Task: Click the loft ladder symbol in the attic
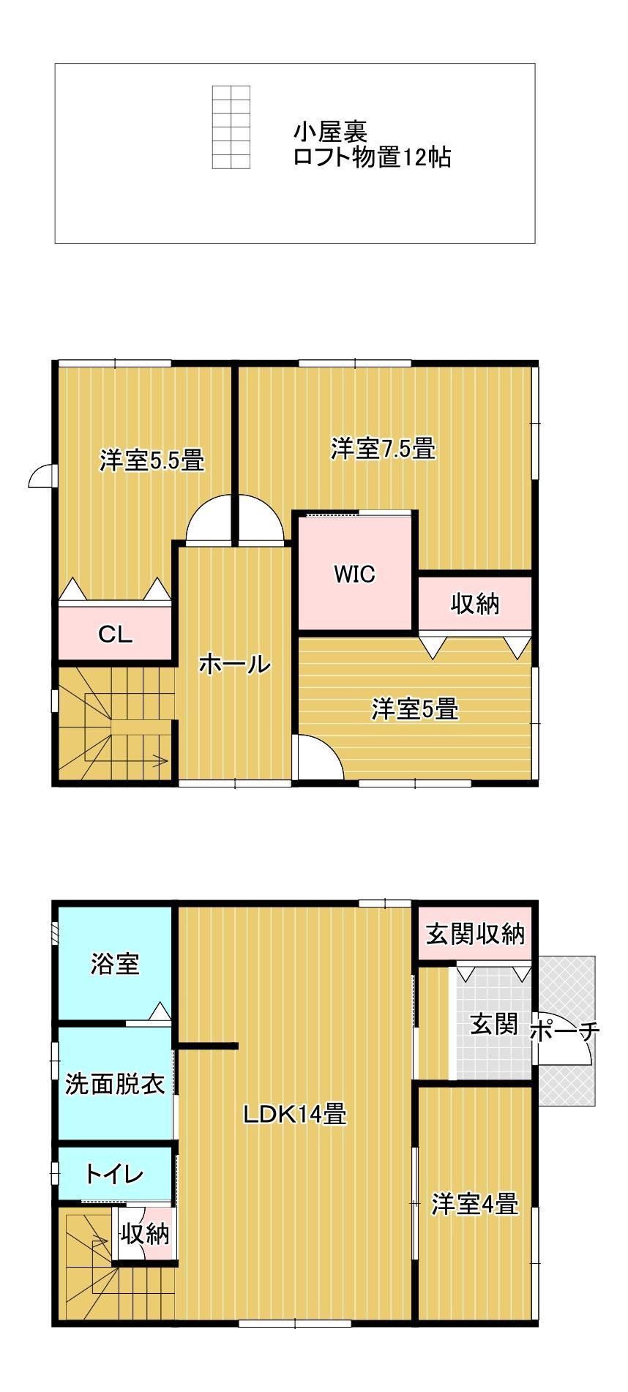pyautogui.click(x=231, y=127)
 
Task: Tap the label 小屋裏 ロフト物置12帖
pyautogui.click(x=372, y=145)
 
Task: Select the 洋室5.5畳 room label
pyautogui.click(x=152, y=460)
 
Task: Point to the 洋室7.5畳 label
pyautogui.click(x=383, y=448)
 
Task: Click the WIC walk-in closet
pyautogui.click(x=355, y=574)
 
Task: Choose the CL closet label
pyautogui.click(x=116, y=635)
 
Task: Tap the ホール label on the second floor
pyautogui.click(x=234, y=665)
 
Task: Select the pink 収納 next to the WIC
pyautogui.click(x=474, y=605)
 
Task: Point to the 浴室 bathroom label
pyautogui.click(x=115, y=963)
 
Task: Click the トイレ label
pyautogui.click(x=114, y=1175)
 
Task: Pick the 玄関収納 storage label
pyautogui.click(x=476, y=934)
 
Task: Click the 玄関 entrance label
pyautogui.click(x=494, y=1024)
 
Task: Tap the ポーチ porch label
pyautogui.click(x=564, y=1032)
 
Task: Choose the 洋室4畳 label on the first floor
pyautogui.click(x=475, y=1203)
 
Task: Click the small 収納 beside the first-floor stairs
pyautogui.click(x=145, y=1234)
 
